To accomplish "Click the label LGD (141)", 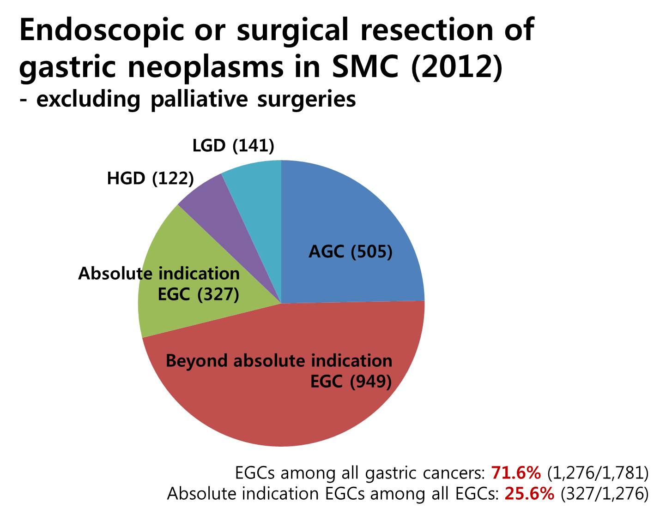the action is pos(233,145).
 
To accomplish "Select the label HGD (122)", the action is pos(150,179).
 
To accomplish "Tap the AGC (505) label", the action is pos(350,252).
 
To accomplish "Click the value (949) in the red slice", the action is pos(370,382).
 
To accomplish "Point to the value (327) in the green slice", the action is pos(218,294).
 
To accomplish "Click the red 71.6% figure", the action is pos(516,473).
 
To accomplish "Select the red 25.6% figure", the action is pos(529,494).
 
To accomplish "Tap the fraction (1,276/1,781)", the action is pos(598,473).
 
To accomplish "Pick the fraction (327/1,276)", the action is pos(605,494).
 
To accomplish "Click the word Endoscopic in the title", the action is pos(102,30).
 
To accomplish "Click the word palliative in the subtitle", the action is pos(199,100).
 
